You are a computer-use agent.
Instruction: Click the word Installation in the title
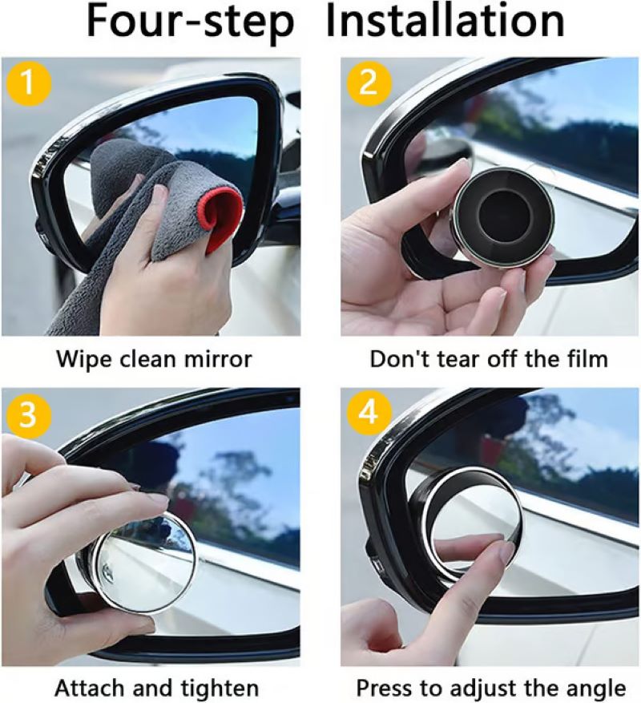point(445,23)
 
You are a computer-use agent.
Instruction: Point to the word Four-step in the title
point(191,23)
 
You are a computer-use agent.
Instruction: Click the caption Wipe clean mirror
point(153,358)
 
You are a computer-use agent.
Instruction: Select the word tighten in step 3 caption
point(220,688)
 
